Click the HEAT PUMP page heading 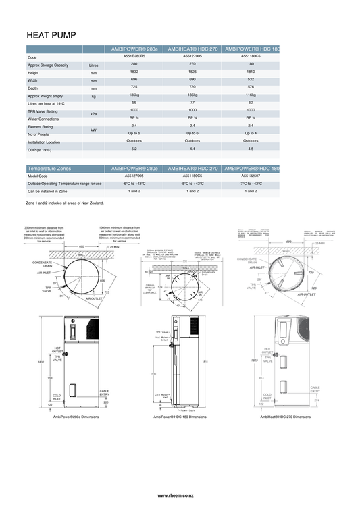coord(51,34)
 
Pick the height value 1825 coord(192,72)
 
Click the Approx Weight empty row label coord(45,96)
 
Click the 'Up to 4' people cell coord(251,133)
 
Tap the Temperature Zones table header coord(49,167)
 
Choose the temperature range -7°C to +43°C coord(251,183)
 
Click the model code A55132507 coord(251,176)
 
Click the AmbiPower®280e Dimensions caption coord(76,417)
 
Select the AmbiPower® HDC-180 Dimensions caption coord(180,417)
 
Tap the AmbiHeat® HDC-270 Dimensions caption coord(286,417)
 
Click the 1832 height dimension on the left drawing coord(41,362)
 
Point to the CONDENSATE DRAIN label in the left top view coord(43,264)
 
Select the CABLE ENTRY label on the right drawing coord(315,389)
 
